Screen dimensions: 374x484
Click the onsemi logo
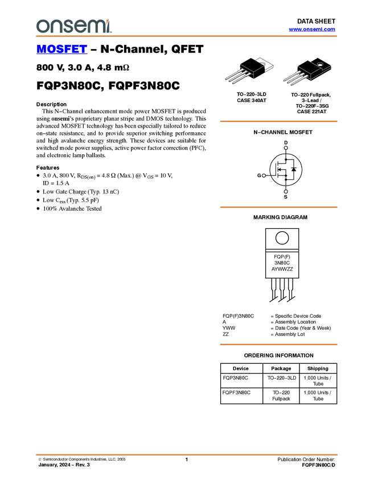tap(74, 26)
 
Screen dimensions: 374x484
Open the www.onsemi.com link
tap(312, 29)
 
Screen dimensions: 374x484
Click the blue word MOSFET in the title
tap(61, 49)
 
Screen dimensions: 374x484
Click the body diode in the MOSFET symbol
tap(294, 169)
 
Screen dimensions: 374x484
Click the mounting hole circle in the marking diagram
tap(282, 238)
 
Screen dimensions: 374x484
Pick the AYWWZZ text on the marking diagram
tap(282, 269)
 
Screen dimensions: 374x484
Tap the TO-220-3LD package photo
tap(249, 71)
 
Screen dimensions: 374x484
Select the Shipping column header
tap(318, 368)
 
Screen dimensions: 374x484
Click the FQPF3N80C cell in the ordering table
tap(236, 393)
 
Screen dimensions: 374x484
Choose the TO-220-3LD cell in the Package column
tap(282, 378)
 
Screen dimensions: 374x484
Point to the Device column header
tap(241, 368)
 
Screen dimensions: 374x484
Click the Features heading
tap(48, 167)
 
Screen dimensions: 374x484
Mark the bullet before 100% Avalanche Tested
tap(38, 208)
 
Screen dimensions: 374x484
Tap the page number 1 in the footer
tap(187, 460)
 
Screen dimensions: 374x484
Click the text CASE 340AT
tap(252, 100)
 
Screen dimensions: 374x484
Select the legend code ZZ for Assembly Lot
tap(225, 334)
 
